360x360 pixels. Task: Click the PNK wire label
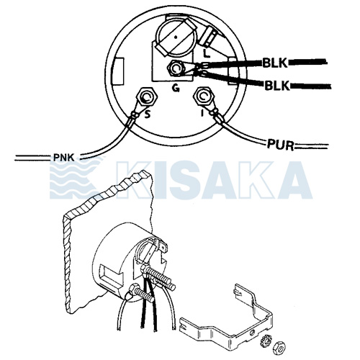pos(63,158)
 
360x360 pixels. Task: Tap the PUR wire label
pos(281,145)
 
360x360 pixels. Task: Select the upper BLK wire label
pos(275,63)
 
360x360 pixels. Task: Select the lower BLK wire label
pos(277,85)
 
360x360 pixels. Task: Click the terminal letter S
pos(148,114)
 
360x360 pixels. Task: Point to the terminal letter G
pos(176,89)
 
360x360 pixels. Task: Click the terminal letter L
pos(206,53)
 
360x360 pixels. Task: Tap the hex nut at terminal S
pos(147,96)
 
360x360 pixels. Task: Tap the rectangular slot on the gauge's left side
pos(117,71)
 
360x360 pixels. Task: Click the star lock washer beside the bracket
pos(266,341)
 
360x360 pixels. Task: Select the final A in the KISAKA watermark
pos(294,180)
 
